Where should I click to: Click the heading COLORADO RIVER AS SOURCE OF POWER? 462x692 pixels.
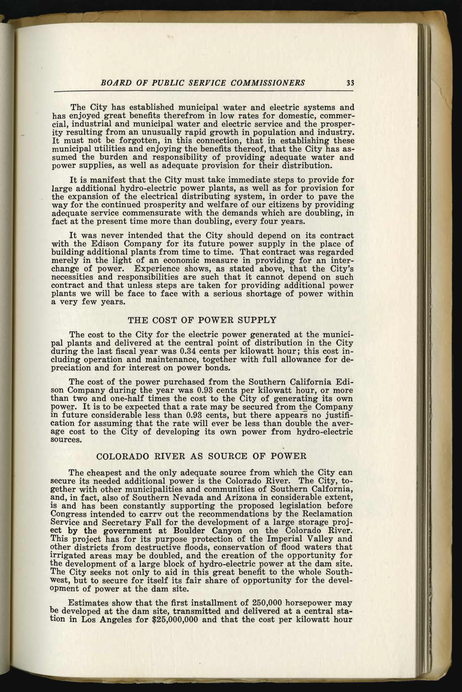coord(202,456)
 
